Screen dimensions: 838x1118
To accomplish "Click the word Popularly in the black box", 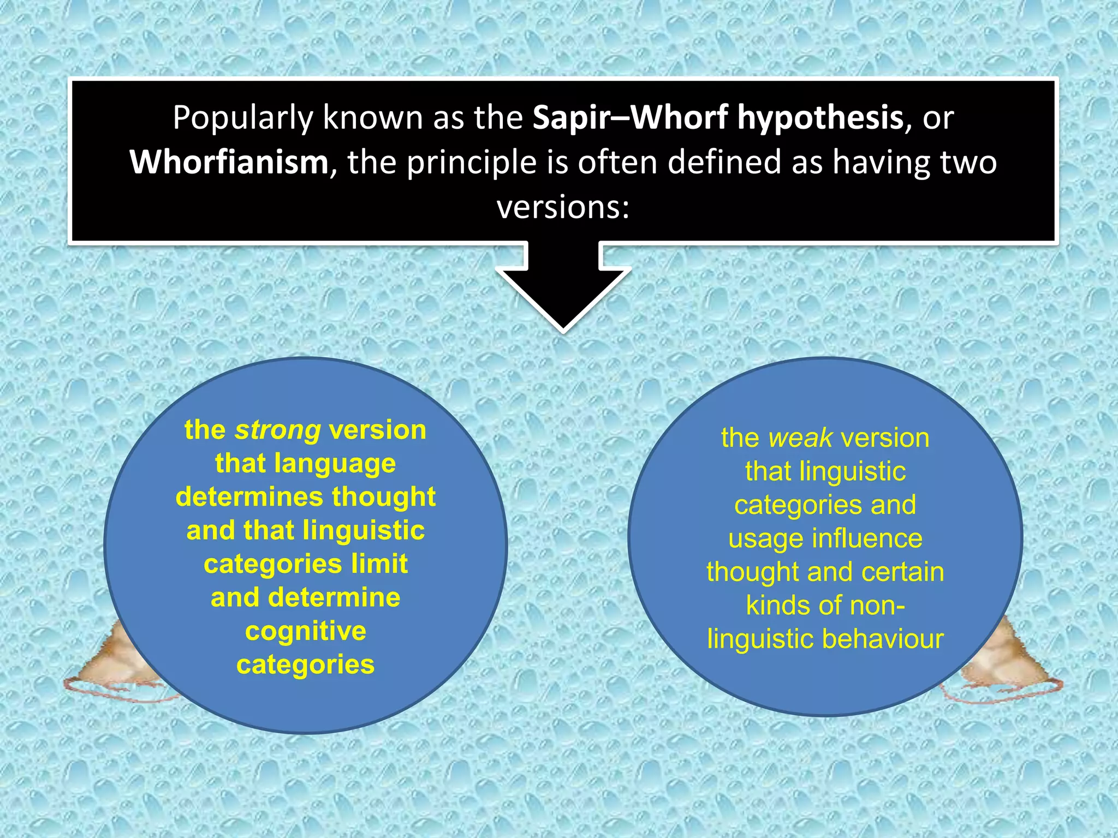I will click(242, 118).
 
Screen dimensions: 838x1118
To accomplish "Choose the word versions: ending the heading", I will click(563, 208).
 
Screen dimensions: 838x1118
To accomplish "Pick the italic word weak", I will click(800, 438).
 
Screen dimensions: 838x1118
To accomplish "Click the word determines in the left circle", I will click(249, 497).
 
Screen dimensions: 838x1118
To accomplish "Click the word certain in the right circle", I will click(896, 572).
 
